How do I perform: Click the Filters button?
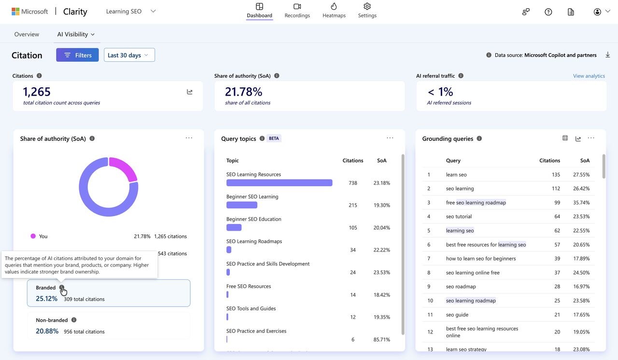[77, 55]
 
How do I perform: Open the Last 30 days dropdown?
[129, 55]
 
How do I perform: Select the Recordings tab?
[297, 11]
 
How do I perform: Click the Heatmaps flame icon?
[334, 6]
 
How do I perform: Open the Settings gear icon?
[367, 6]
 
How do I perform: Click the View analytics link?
[589, 76]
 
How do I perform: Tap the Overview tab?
[27, 34]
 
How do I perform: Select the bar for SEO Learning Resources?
[279, 183]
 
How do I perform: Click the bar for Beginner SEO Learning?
[242, 205]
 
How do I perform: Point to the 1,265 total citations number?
[37, 92]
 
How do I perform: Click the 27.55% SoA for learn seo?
[581, 175]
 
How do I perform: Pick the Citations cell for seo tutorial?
[557, 216]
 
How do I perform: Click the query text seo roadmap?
[461, 286]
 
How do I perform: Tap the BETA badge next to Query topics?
[274, 138]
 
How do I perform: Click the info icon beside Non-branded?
[74, 320]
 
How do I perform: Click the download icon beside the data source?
[607, 55]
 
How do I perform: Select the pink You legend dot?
[33, 236]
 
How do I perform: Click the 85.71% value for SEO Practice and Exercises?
[381, 339]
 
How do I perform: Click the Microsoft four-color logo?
[15, 11]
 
